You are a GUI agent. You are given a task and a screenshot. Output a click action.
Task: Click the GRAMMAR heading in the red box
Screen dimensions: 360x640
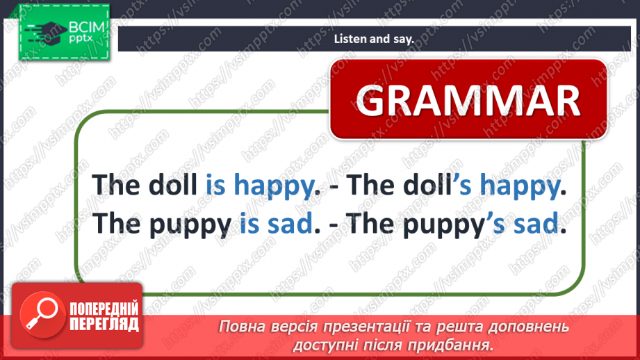pyautogui.click(x=468, y=101)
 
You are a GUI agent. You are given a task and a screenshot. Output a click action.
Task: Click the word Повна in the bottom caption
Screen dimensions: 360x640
pyautogui.click(x=239, y=326)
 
